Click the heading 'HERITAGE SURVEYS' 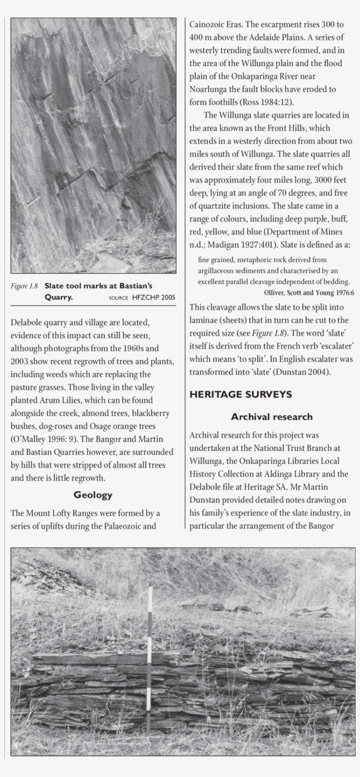(241, 394)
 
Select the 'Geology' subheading (93, 495)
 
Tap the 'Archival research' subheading (272, 416)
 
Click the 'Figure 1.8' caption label (25, 286)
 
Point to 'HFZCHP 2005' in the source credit (154, 297)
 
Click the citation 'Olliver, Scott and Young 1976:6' (309, 293)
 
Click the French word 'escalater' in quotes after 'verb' (335, 346)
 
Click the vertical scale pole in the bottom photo (150, 658)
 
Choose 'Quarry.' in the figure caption (58, 297)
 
